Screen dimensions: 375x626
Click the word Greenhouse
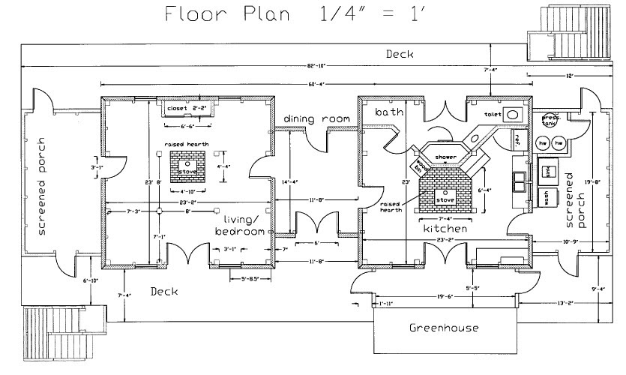[443, 328]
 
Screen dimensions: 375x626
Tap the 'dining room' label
[317, 119]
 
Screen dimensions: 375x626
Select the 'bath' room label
[390, 112]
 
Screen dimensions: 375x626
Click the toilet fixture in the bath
[514, 115]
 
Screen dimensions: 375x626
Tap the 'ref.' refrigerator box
[517, 139]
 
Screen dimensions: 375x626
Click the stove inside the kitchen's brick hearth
[445, 200]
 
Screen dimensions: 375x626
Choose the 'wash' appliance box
[547, 196]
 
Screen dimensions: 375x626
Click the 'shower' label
[445, 157]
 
